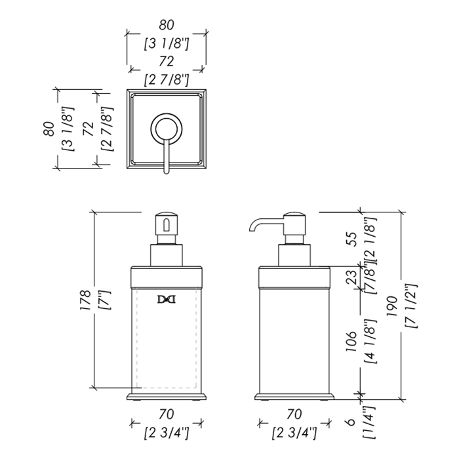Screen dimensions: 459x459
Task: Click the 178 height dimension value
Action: pos(86,300)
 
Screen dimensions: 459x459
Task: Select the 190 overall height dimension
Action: pos(391,306)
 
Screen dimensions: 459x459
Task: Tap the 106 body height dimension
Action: pos(351,342)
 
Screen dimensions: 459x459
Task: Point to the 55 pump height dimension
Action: pos(352,239)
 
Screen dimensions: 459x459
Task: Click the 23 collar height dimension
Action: pos(352,276)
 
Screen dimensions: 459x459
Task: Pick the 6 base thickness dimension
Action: pos(351,422)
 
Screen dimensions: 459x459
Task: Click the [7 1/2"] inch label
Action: pos(410,306)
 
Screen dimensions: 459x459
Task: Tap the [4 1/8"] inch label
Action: pos(370,342)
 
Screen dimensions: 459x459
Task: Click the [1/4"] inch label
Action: pos(369,422)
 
